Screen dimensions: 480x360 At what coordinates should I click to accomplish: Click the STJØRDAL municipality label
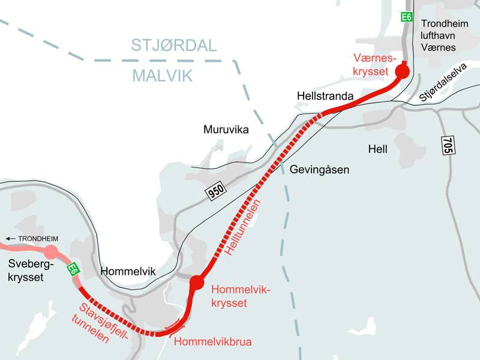173,46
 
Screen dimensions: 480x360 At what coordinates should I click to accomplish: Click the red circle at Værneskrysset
401,72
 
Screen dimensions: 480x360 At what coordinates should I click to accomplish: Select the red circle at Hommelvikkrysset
196,282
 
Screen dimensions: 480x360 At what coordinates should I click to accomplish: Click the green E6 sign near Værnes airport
407,17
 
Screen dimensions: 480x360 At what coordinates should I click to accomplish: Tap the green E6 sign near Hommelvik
73,269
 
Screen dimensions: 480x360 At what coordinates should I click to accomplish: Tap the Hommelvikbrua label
212,342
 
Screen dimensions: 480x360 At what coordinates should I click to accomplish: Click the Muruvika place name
226,130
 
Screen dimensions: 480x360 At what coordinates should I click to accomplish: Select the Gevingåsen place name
319,170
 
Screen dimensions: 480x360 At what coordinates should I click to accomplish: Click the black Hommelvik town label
128,271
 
